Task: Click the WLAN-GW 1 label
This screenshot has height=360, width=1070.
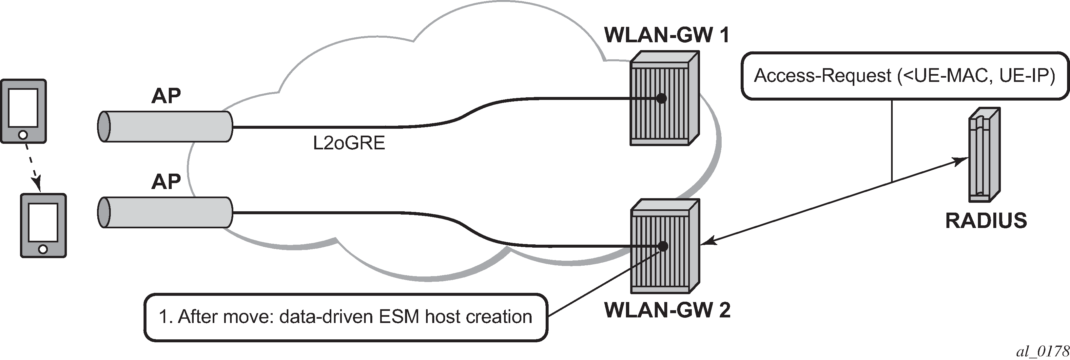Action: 667,36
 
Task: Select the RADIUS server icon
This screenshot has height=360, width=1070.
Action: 983,155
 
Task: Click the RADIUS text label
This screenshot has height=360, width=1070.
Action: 986,221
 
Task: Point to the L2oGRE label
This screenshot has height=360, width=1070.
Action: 349,143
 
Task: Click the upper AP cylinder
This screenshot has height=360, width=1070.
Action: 165,127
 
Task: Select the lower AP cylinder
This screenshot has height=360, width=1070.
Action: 165,213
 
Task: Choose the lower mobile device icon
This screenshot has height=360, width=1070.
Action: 44,225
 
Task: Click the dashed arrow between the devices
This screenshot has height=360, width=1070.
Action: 32,167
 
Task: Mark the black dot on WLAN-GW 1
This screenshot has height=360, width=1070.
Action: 661,98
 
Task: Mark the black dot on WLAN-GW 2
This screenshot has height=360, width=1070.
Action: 663,246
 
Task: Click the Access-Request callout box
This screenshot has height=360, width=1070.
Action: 905,76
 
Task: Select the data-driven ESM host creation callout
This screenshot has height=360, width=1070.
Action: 346,317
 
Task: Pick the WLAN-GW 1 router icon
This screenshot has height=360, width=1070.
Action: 664,98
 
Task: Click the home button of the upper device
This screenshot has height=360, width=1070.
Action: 23,135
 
